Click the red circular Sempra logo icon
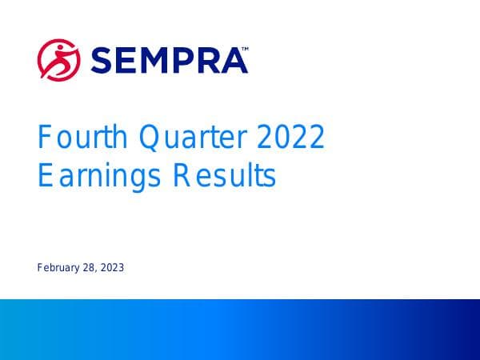pyautogui.click(x=58, y=58)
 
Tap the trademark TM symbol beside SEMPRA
pyautogui.click(x=244, y=49)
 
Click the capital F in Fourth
pyautogui.click(x=45, y=139)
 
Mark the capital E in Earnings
pyautogui.click(x=45, y=175)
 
